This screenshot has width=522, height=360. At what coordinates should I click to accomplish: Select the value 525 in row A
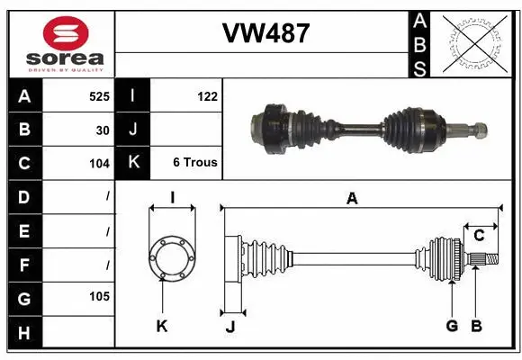coord(99,95)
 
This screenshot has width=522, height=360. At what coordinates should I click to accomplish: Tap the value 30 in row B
coord(103,130)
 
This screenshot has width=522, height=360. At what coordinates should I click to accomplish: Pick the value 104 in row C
coord(99,164)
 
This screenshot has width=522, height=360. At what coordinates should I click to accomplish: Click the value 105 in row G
coord(99,296)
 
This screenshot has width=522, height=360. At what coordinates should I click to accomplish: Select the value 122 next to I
coord(207,95)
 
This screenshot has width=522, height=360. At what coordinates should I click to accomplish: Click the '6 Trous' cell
coord(194,164)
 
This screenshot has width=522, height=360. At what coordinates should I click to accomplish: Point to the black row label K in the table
coord(133,163)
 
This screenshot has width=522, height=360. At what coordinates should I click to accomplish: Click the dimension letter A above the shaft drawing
coord(352,199)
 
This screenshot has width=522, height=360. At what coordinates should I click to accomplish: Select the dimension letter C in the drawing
coord(479,235)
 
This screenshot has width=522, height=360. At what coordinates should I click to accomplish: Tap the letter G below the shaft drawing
coord(452,327)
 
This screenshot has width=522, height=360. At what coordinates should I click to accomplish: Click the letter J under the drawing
coord(230,327)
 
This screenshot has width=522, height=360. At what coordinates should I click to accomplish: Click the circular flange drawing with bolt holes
coord(171,256)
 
